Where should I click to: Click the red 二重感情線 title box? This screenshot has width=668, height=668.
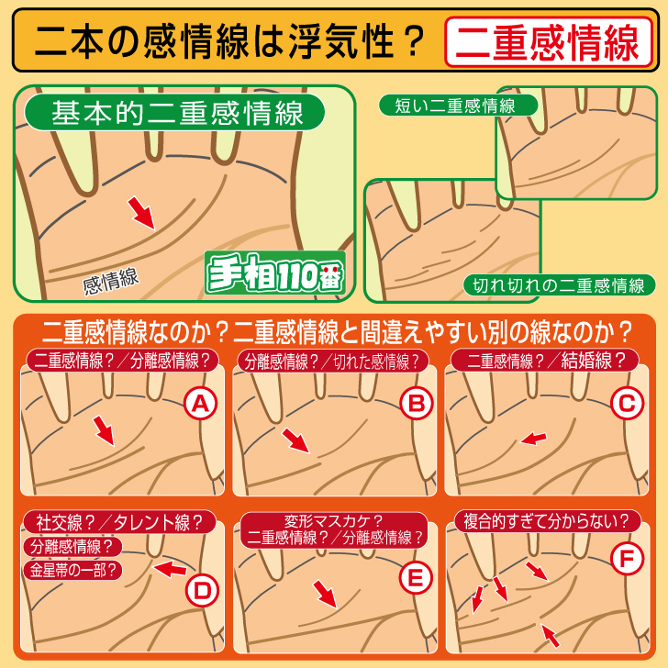pyautogui.click(x=549, y=42)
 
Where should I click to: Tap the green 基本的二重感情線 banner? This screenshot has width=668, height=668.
pyautogui.click(x=174, y=112)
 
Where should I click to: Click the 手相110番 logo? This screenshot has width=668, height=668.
pyautogui.click(x=274, y=273)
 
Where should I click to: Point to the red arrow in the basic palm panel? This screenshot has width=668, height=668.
pyautogui.click(x=141, y=213)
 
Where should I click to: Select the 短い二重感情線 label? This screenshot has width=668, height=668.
pyautogui.click(x=458, y=106)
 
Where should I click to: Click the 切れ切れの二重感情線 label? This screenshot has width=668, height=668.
pyautogui.click(x=559, y=285)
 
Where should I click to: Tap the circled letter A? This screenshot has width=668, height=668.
pyautogui.click(x=201, y=404)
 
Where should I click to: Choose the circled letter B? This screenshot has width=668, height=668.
pyautogui.click(x=417, y=404)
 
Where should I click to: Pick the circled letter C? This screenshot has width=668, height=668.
pyautogui.click(x=627, y=404)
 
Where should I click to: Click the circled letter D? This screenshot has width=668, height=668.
pyautogui.click(x=202, y=591)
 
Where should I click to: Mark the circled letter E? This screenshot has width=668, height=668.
pyautogui.click(x=416, y=578)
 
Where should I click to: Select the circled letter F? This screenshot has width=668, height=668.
pyautogui.click(x=627, y=558)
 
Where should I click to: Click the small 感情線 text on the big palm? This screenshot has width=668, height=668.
pyautogui.click(x=111, y=281)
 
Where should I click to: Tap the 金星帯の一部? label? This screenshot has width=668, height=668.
pyautogui.click(x=72, y=571)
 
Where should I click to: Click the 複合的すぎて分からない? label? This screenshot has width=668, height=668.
pyautogui.click(x=547, y=521)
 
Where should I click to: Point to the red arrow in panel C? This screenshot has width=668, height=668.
pyautogui.click(x=533, y=439)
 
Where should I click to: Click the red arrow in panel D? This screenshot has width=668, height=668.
pyautogui.click(x=170, y=569)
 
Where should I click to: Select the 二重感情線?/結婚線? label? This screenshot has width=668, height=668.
pyautogui.click(x=545, y=361)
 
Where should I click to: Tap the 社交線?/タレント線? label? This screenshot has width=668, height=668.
pyautogui.click(x=119, y=522)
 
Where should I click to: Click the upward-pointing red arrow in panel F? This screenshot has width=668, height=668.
pyautogui.click(x=550, y=635)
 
